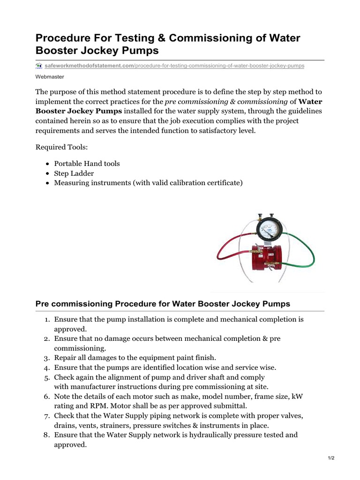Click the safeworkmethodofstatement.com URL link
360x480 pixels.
pos(89,66)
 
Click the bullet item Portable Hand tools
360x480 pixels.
pos(87,164)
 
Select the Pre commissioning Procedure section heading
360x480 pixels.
pos(163,304)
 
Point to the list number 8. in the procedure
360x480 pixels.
pos(47,435)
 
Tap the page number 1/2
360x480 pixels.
pos(331,458)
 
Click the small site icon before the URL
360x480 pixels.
pos(39,66)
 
